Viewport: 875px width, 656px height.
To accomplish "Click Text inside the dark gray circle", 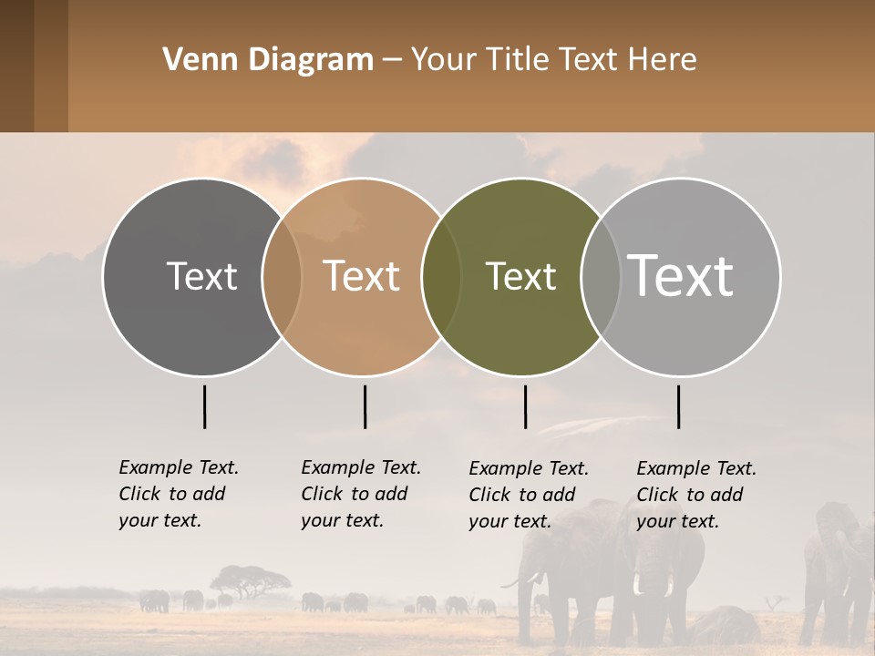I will click(x=201, y=276).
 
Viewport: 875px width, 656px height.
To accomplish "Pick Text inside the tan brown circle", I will click(x=361, y=276).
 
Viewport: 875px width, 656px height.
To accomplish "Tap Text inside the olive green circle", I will click(x=520, y=276).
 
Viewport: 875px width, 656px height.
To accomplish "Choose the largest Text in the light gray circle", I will click(x=681, y=275).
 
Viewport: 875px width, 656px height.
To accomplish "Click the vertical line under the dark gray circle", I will click(x=204, y=406).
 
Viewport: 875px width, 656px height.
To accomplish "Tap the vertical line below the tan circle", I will click(x=365, y=406).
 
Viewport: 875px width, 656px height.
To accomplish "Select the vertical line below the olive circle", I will click(x=525, y=406).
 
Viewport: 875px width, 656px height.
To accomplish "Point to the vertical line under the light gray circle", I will click(x=678, y=406).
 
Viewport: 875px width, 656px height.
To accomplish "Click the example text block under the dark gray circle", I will click(x=178, y=494).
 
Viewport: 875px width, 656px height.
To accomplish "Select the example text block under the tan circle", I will click(x=360, y=494).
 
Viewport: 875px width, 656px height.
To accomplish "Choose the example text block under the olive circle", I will click(x=528, y=495).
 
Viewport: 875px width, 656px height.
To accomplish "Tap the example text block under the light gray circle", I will click(x=695, y=495).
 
